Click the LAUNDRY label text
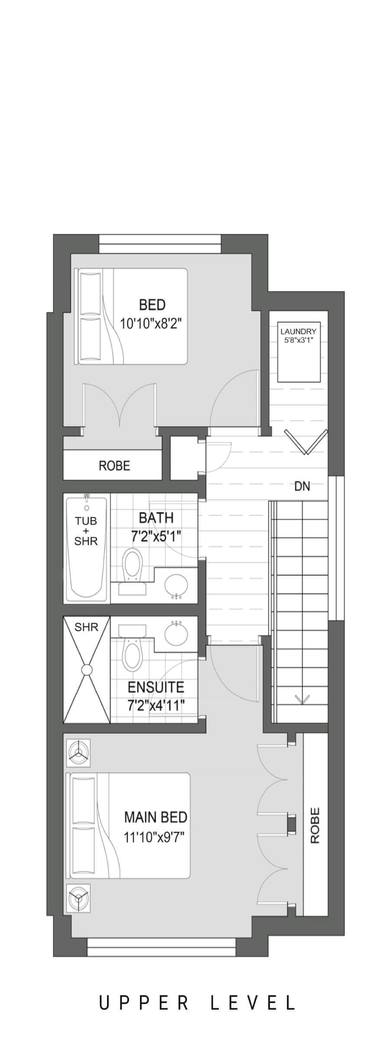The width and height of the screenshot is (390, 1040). [x=298, y=331]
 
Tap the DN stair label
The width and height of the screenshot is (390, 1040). [x=302, y=486]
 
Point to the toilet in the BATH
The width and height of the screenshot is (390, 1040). [x=132, y=565]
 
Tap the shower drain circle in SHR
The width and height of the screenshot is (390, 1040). [x=87, y=669]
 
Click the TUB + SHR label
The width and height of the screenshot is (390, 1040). [x=86, y=530]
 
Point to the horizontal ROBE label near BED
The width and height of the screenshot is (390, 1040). [x=114, y=466]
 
